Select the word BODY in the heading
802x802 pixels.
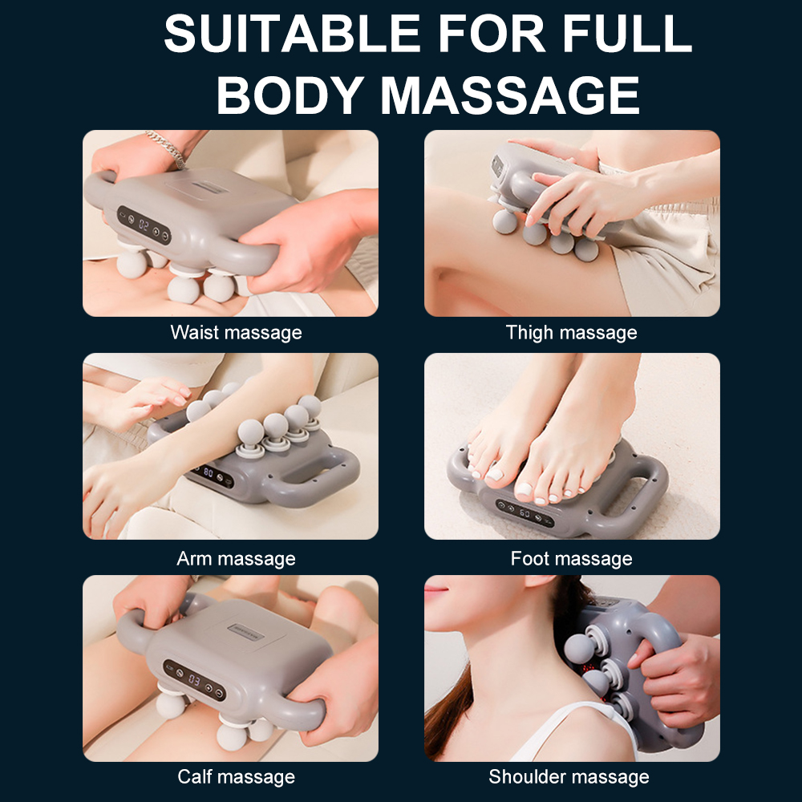pos(290,95)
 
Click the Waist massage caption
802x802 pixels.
pos(237,333)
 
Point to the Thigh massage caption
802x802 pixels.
pos(571,333)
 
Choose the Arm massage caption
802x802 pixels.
pos(237,558)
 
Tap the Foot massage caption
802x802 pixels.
pos(571,558)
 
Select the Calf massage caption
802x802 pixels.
pos(237,776)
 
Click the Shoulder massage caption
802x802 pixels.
pos(569,776)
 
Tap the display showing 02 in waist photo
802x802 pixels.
pos(144,225)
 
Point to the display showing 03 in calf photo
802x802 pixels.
pos(194,680)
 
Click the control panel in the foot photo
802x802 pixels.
pos(525,512)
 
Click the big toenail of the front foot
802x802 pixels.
pos(524,489)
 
